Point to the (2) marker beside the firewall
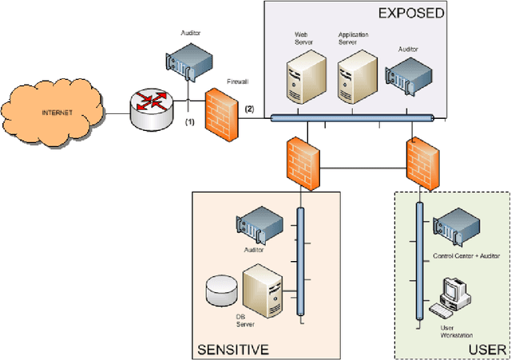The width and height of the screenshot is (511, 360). coord(249,109)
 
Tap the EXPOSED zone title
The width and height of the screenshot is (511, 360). coord(410,14)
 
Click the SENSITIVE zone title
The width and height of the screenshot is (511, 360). coord(232,348)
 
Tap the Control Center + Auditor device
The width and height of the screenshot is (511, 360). coord(454,227)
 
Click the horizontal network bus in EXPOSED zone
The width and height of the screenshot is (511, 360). coord(351,119)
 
